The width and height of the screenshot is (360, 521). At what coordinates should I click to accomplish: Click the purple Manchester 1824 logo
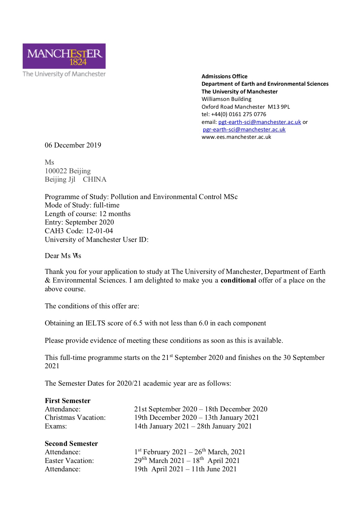click(x=64, y=56)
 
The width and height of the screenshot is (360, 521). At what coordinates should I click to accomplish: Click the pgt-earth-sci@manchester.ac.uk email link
click(x=259, y=122)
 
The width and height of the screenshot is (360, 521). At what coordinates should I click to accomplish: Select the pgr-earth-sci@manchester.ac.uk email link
click(x=244, y=129)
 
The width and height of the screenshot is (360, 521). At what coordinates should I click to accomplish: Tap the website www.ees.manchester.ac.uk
click(x=236, y=137)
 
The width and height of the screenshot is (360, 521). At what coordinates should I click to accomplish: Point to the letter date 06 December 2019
click(x=73, y=145)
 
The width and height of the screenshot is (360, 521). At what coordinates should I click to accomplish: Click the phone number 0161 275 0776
click(x=247, y=114)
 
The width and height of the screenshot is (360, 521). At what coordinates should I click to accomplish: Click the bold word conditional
click(x=238, y=280)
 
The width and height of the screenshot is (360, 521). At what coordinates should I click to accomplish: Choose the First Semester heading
click(x=68, y=401)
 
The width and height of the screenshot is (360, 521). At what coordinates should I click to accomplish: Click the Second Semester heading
click(x=71, y=443)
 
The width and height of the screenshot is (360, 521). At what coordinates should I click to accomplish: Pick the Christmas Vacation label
click(x=75, y=418)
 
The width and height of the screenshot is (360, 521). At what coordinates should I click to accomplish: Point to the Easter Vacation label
click(x=69, y=461)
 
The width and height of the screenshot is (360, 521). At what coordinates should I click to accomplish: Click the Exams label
click(x=56, y=426)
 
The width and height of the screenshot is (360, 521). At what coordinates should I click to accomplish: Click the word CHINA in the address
click(x=94, y=179)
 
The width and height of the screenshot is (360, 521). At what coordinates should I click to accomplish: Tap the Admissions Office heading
click(x=224, y=76)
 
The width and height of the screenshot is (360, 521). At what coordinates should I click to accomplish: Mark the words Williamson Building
click(x=226, y=99)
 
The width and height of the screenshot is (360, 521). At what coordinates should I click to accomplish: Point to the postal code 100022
click(x=56, y=171)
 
